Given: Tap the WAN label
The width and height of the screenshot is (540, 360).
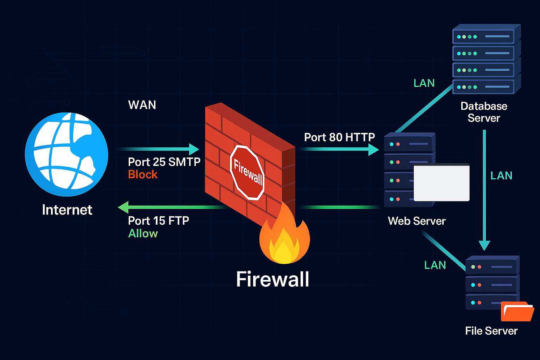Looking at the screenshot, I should pos(142,105).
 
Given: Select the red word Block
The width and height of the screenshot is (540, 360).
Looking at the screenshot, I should pos(143,174).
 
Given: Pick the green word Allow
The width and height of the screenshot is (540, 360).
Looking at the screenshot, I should pos(143,233).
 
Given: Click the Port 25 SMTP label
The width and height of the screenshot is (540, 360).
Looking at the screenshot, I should pos(164,162).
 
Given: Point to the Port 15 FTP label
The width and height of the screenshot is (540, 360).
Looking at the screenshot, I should pos(159,220).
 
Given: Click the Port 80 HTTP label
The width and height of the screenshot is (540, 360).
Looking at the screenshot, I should pos(339,137).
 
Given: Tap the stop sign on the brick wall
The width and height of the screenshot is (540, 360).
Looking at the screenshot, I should pos(247,173).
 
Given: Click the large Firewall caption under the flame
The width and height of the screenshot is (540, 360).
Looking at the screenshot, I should pos(272,279).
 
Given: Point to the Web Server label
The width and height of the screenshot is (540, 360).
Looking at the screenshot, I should pos(417,221).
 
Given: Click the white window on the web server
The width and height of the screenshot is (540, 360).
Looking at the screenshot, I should pos(442,183).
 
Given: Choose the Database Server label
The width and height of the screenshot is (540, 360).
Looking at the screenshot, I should pos(484,112).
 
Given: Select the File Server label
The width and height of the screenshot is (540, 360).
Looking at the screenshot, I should pos(491,331).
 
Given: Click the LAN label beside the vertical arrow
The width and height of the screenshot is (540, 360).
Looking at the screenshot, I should pos(501,175).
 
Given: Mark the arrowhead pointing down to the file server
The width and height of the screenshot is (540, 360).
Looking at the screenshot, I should pos(484,245).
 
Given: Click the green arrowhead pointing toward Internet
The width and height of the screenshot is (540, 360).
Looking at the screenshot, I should pos(123,207).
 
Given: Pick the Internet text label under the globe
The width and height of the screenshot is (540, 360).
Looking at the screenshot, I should pos(67,210).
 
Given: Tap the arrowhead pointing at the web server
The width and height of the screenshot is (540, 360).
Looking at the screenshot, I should pos(373,149).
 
